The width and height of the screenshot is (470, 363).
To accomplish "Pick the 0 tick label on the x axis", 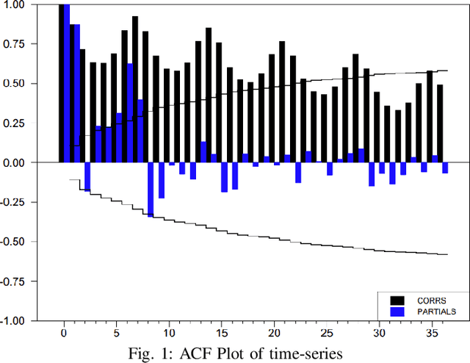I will coord(64,332).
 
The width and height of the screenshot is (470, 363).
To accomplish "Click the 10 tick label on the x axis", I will coord(169,332).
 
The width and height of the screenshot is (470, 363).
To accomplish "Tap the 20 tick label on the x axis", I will coord(273,332).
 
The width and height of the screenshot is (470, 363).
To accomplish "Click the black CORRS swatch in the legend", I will coord(397,300).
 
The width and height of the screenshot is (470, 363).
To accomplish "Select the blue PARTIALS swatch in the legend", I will coord(397,312).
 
